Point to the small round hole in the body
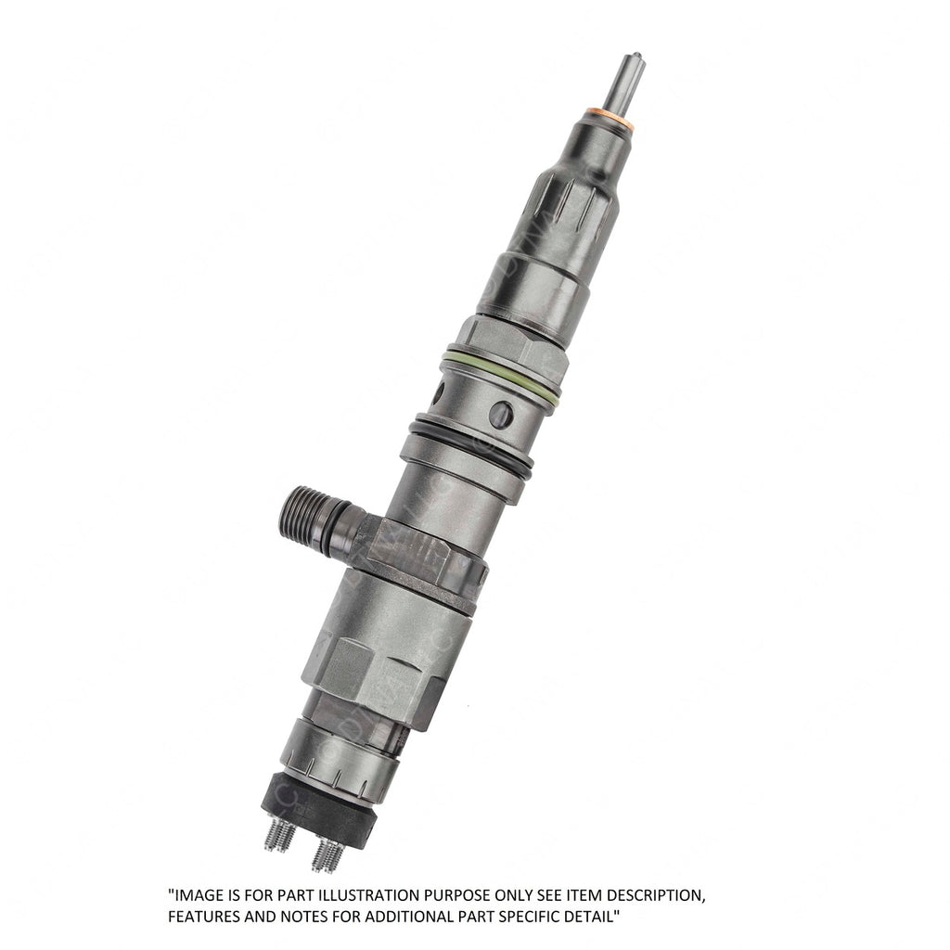[501, 414]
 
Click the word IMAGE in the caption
[198, 896]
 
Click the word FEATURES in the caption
[203, 917]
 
